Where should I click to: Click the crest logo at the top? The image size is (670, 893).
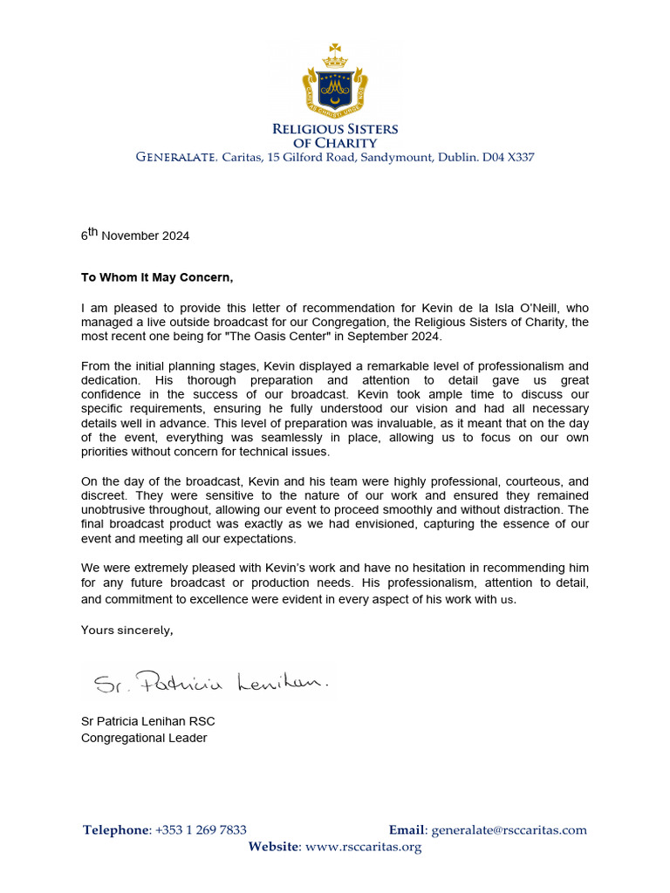click(x=334, y=83)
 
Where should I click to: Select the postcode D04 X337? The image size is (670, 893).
click(x=509, y=158)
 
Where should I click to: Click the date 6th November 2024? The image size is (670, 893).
click(x=135, y=235)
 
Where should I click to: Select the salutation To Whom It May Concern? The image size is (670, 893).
click(x=158, y=278)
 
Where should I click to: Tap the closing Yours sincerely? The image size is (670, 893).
click(x=127, y=631)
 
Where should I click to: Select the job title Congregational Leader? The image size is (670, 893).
click(x=144, y=738)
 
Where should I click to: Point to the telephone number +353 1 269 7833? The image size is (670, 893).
click(x=201, y=830)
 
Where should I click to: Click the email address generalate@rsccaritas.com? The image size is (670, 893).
click(x=509, y=830)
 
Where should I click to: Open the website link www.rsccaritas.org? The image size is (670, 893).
click(x=364, y=847)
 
